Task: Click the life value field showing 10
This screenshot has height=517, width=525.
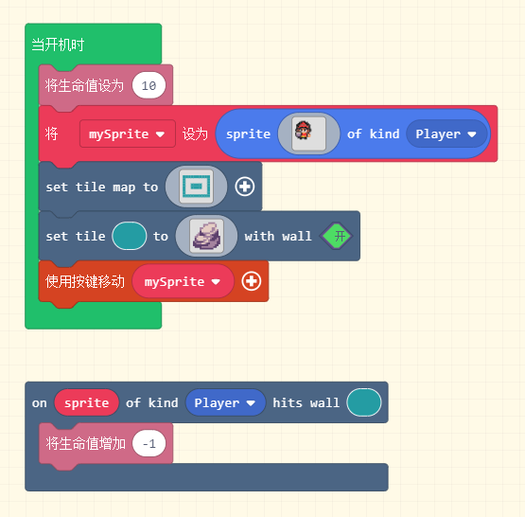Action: pyautogui.click(x=149, y=85)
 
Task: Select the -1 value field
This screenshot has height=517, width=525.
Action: pyautogui.click(x=149, y=444)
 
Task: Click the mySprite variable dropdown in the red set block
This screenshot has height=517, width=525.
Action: pyautogui.click(x=128, y=134)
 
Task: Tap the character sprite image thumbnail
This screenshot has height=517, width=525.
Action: pyautogui.click(x=308, y=134)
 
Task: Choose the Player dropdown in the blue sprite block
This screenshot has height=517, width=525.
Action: pyautogui.click(x=446, y=134)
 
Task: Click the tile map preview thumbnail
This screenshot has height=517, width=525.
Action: pyautogui.click(x=196, y=187)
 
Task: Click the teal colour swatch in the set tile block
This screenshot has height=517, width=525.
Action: pyautogui.click(x=130, y=236)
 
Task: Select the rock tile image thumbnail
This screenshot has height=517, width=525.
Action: pyautogui.click(x=206, y=236)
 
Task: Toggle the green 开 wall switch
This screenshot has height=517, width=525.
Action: pyautogui.click(x=337, y=236)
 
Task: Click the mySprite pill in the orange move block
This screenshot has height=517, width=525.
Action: pyautogui.click(x=183, y=281)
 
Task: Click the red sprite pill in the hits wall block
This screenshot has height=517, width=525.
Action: pyautogui.click(x=87, y=402)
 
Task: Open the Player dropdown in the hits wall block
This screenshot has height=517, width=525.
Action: pyautogui.click(x=225, y=402)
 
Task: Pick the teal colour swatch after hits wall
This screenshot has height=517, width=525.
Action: pyautogui.click(x=364, y=402)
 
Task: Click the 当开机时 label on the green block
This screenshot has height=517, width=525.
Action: pyautogui.click(x=58, y=45)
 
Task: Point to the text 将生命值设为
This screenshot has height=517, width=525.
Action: pyautogui.click(x=84, y=85)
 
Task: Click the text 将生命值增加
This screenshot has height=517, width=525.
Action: pyautogui.click(x=86, y=444)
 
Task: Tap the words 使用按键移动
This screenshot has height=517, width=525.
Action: pyautogui.click(x=85, y=281)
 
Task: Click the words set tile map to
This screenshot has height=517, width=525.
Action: pyautogui.click(x=102, y=187)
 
